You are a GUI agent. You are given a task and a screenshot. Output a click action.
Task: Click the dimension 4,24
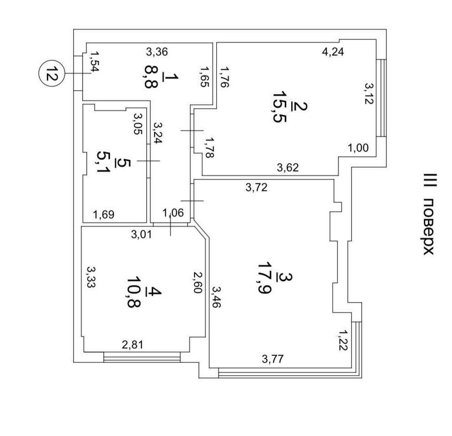(x=333, y=52)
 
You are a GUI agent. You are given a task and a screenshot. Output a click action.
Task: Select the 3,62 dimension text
(x=288, y=168)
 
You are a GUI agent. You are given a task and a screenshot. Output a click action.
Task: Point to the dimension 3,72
(x=256, y=187)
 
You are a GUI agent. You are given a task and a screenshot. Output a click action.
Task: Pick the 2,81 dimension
(x=132, y=345)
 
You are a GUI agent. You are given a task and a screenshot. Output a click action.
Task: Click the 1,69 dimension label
(x=104, y=214)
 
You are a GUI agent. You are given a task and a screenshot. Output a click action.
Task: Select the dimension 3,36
(x=157, y=52)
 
